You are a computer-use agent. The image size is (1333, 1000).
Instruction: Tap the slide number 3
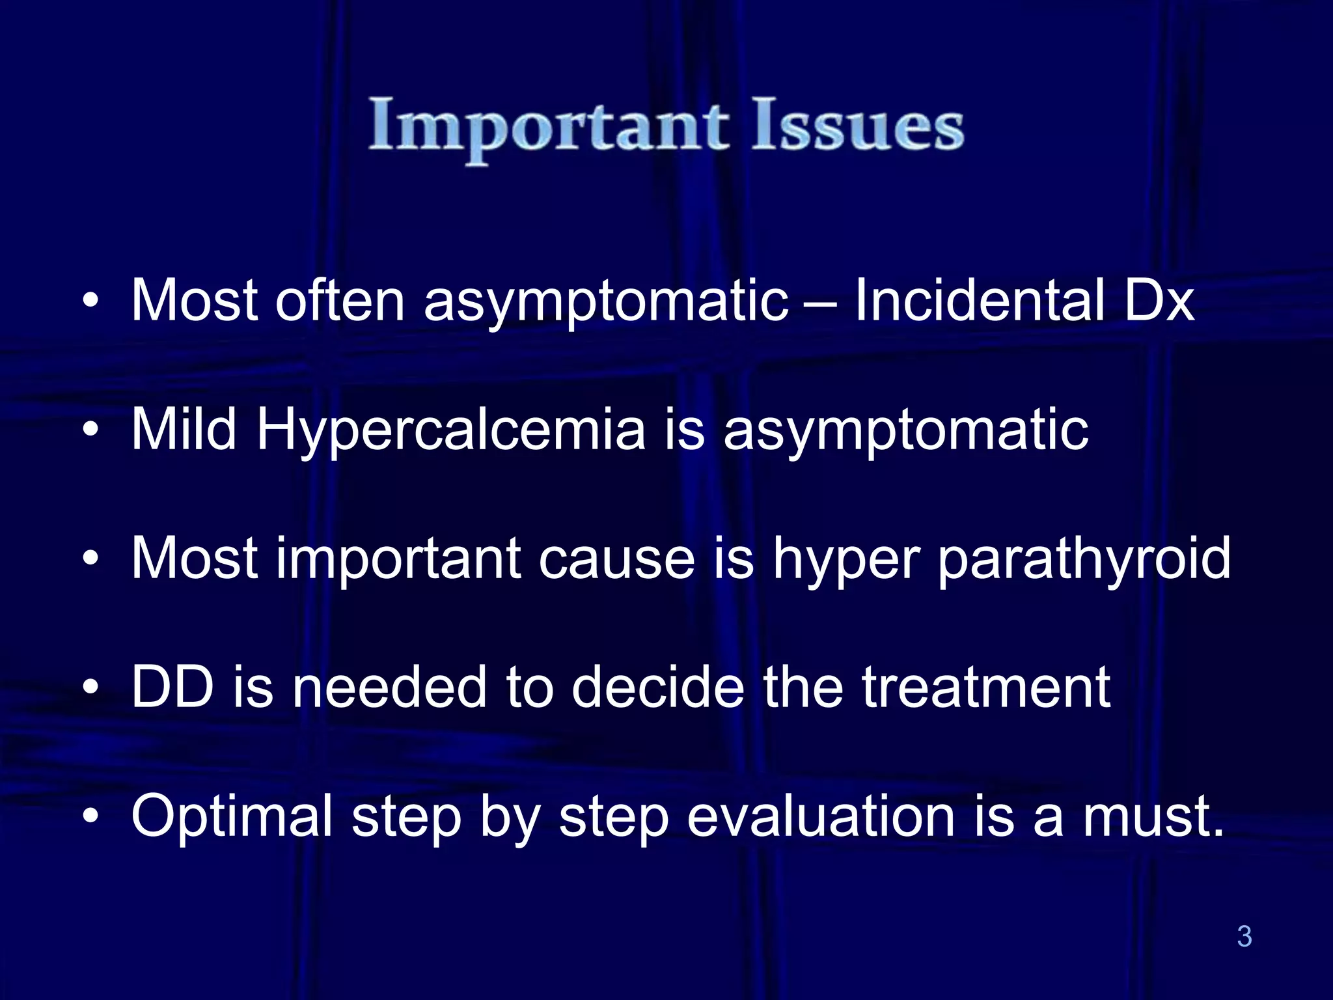tap(1244, 936)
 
